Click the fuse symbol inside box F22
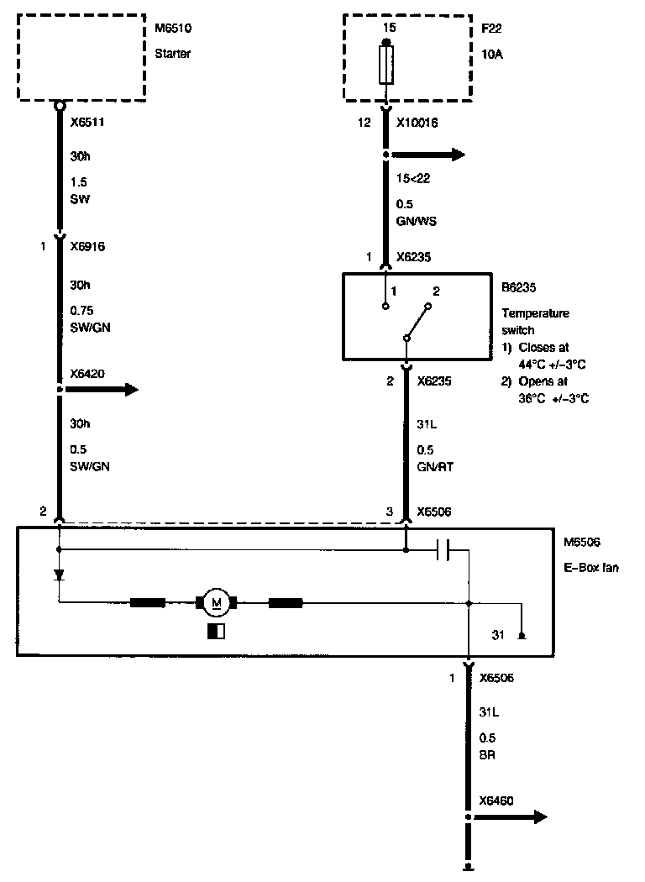point(386,65)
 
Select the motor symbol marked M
point(218,601)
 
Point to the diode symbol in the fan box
point(60,575)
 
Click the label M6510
point(174,30)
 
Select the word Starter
point(174,54)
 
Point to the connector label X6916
point(87,247)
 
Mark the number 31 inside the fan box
point(498,634)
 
